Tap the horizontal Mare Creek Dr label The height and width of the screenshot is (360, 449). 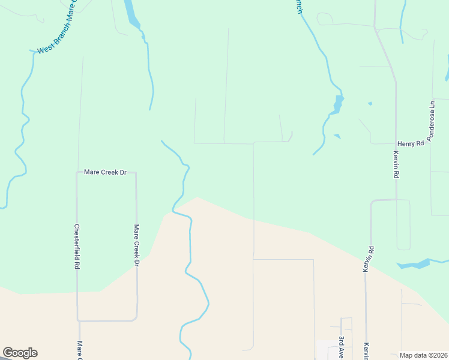[105, 172]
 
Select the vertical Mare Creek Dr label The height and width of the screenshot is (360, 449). [137, 245]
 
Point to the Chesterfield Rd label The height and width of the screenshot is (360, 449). [77, 246]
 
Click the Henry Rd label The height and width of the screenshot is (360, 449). [411, 143]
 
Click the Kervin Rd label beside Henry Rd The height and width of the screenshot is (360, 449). [396, 164]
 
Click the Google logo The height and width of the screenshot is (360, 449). [20, 353]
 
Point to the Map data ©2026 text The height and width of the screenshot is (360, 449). [423, 355]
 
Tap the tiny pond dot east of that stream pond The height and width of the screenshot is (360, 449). [370, 103]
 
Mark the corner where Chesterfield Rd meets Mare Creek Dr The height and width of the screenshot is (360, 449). [77, 172]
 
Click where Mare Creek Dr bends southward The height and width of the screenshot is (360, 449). [136, 173]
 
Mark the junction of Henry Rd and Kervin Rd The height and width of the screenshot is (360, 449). [396, 144]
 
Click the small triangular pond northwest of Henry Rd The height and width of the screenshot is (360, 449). [337, 136]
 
